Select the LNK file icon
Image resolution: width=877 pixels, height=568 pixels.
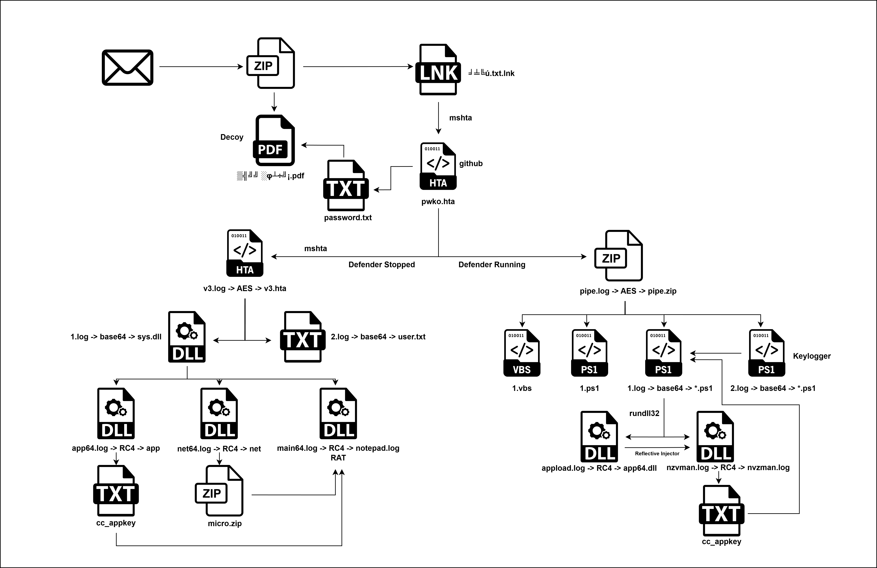point(438,70)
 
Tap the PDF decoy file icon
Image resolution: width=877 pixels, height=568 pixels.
point(274,140)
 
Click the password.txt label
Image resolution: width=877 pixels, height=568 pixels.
point(348,218)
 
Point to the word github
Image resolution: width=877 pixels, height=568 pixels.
point(471,164)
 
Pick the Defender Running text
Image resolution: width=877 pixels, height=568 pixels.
point(492,265)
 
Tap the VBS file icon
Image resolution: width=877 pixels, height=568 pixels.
point(522,353)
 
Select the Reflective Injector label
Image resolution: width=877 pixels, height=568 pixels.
point(657,453)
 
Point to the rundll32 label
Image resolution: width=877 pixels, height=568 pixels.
point(644,413)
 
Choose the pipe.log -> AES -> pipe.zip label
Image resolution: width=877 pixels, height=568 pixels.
point(628,291)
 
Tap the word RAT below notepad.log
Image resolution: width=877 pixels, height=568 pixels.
point(338,458)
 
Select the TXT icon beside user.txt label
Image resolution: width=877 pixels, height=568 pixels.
point(303,337)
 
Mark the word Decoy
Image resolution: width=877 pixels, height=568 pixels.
point(232,137)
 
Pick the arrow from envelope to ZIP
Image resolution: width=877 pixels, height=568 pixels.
point(201,67)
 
